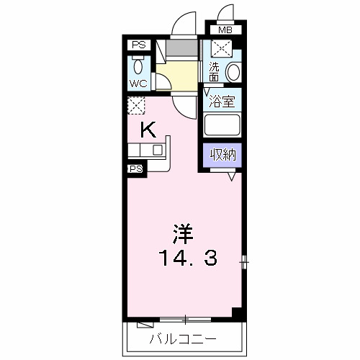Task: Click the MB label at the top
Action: click(x=225, y=31)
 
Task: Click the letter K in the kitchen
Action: click(x=148, y=130)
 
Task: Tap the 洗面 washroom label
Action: click(x=214, y=71)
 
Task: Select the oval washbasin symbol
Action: click(x=233, y=73)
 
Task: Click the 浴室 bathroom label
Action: click(x=221, y=101)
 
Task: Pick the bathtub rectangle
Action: click(x=221, y=125)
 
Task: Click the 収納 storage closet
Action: click(x=221, y=153)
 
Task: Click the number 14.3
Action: click(x=183, y=256)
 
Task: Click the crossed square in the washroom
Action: click(x=221, y=49)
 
